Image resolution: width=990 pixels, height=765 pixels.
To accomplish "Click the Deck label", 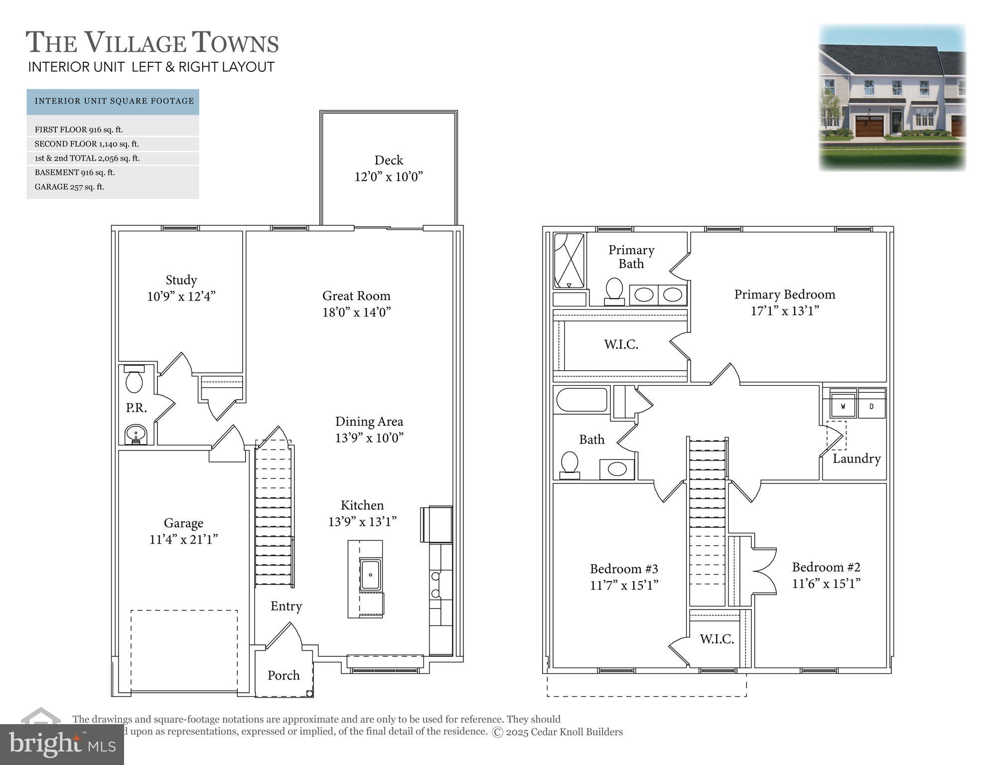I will [x=389, y=160].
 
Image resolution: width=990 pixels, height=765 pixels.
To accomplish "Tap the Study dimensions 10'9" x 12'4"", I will [x=181, y=297].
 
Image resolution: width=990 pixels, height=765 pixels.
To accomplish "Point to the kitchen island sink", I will [x=370, y=574].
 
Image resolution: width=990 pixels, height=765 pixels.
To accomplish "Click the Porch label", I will [x=283, y=675].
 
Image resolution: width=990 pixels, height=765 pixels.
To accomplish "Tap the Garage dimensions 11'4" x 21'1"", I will [x=183, y=540].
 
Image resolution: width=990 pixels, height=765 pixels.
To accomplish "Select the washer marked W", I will [x=843, y=406].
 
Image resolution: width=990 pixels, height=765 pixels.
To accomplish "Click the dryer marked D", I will [x=871, y=406].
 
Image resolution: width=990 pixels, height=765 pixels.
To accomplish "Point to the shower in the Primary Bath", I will [x=569, y=260].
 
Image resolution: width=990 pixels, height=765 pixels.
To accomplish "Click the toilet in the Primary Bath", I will [x=614, y=291].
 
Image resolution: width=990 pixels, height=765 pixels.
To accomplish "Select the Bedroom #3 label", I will [x=624, y=569].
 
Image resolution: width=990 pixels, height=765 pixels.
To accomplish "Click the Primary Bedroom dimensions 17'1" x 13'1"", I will [x=785, y=311].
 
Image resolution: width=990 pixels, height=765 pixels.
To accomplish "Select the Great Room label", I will [x=356, y=296].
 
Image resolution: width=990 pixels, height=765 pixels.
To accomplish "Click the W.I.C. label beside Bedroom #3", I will [x=716, y=639].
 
